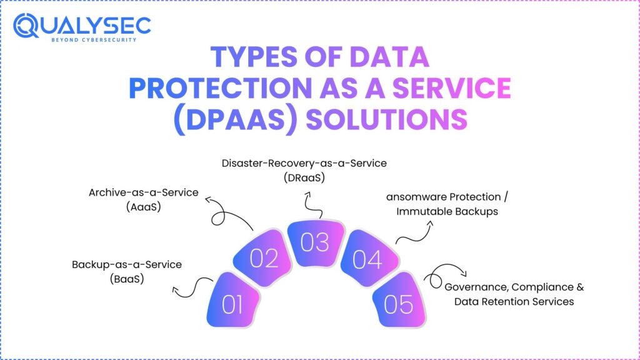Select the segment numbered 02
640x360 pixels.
[x=263, y=257]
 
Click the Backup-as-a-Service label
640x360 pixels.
[x=126, y=265]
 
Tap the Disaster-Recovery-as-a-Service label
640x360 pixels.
[x=304, y=163]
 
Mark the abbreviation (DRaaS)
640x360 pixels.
[x=304, y=177]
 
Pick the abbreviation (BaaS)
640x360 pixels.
[x=126, y=279]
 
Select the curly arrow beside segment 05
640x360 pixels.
[x=444, y=275]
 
